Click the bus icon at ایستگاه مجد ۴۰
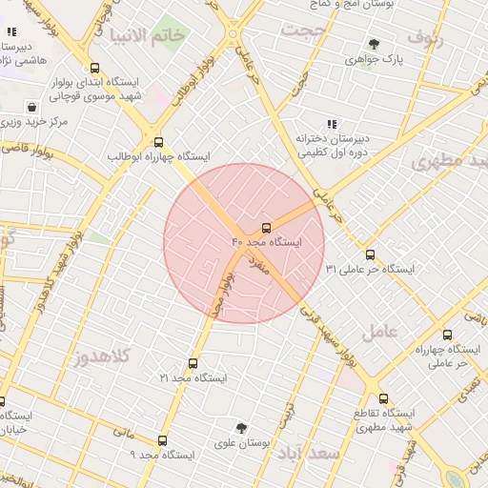point(265,228)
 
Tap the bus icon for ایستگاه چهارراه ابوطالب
point(158,139)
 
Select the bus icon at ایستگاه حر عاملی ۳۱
point(370,254)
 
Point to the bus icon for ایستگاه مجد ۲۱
point(193,363)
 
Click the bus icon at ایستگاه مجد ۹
point(162,440)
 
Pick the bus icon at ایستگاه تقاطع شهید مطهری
point(383,399)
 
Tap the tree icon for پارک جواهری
point(373,44)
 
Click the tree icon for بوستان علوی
point(240,428)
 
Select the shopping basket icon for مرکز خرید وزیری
point(33,107)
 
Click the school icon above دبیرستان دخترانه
point(332,124)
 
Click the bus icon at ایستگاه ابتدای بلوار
point(93,68)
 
